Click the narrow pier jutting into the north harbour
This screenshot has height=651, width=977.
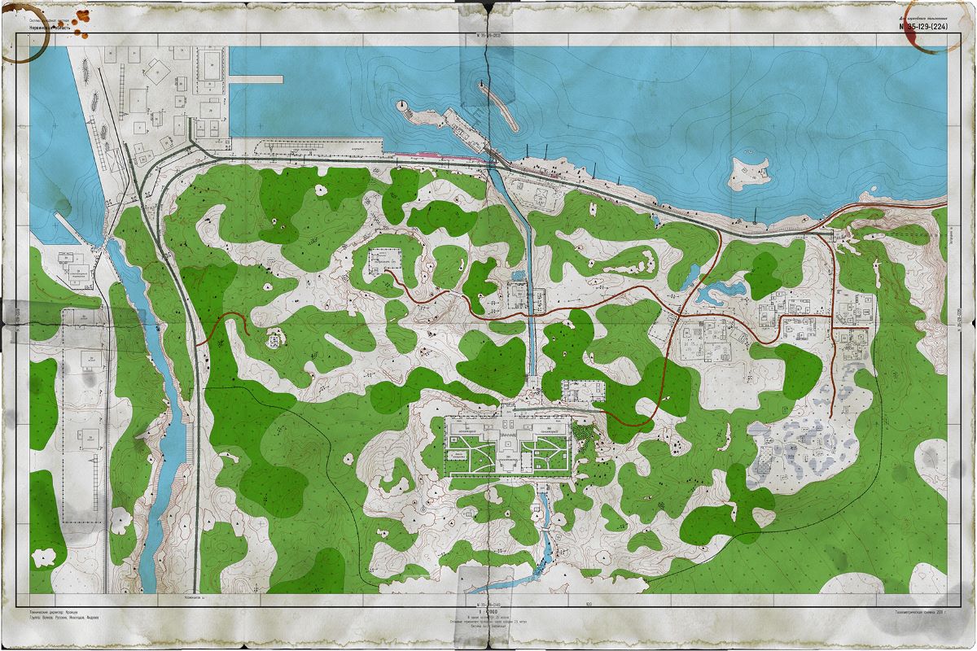[256, 80]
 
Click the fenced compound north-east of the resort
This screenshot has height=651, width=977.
[584, 391]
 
